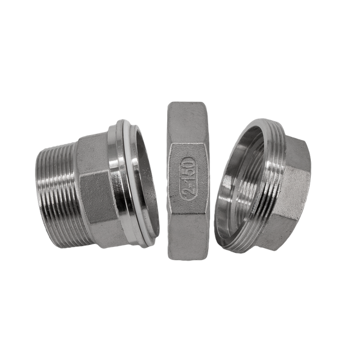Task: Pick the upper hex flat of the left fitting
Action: coord(92,153)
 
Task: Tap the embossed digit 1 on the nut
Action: coord(188,179)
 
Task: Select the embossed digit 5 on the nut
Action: coord(188,171)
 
